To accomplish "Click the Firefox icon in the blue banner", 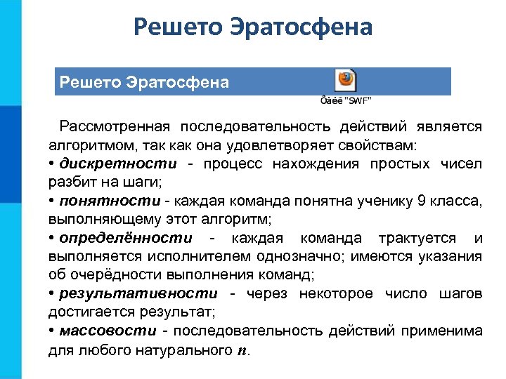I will pos(346,79).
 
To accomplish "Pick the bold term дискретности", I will pos(118,164).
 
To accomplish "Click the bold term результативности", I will pos(138,293).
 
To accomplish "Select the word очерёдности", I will pos(110,275).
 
